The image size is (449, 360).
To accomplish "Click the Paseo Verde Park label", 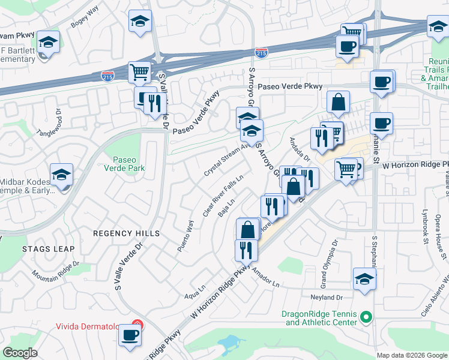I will pyautogui.click(x=127, y=164).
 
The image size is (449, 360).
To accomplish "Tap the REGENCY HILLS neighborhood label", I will pyautogui.click(x=127, y=233).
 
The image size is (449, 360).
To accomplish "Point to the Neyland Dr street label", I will pyautogui.click(x=326, y=298).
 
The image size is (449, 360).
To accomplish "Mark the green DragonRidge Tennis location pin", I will pyautogui.click(x=369, y=317).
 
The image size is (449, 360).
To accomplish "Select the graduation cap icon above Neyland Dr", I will pyautogui.click(x=364, y=278).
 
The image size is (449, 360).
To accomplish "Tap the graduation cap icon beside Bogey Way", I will pyautogui.click(x=139, y=21).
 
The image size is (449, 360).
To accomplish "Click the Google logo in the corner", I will pyautogui.click(x=19, y=353).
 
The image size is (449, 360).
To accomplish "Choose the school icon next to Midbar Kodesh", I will pyautogui.click(x=61, y=175).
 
